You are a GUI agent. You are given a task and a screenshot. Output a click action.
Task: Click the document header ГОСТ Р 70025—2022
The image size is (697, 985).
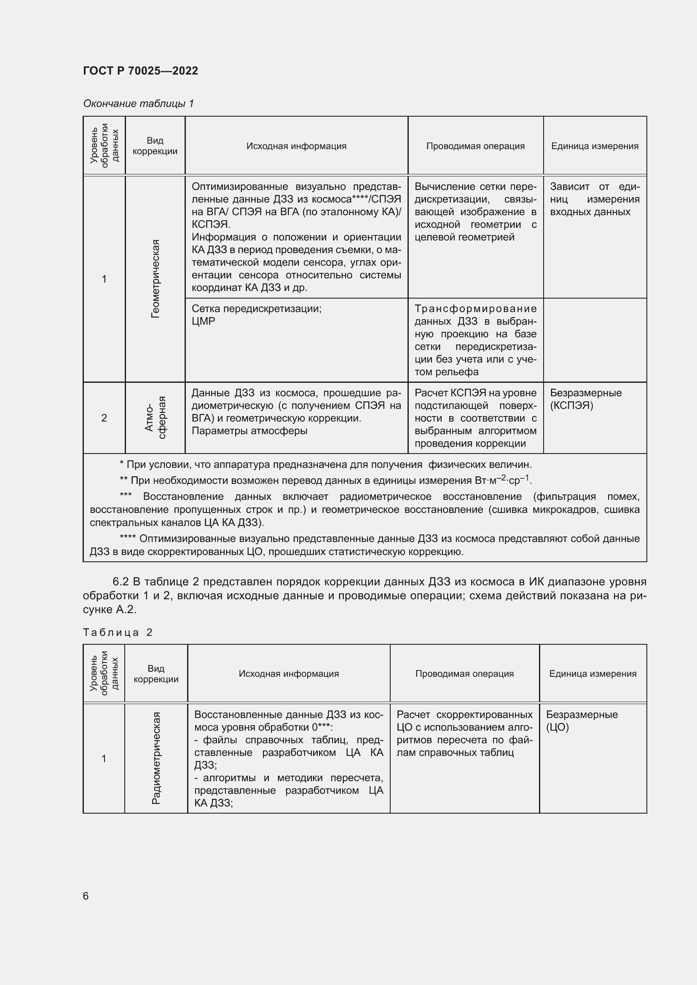(x=140, y=71)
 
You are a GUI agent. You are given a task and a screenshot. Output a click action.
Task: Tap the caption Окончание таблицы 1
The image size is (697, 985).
(x=138, y=104)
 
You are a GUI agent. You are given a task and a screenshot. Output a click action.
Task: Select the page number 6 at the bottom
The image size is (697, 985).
(x=86, y=896)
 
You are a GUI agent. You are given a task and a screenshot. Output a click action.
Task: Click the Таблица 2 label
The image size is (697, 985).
(x=118, y=633)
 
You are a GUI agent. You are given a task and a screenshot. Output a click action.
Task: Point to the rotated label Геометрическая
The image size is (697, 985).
(x=155, y=279)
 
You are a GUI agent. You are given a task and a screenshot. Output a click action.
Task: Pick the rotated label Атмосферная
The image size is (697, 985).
(x=155, y=417)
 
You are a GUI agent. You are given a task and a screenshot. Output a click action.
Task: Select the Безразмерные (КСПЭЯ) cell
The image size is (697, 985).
(x=585, y=399)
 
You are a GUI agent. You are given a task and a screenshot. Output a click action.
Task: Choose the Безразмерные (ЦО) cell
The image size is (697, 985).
(x=582, y=721)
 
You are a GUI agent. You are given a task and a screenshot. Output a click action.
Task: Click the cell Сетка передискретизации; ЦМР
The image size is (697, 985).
(x=256, y=315)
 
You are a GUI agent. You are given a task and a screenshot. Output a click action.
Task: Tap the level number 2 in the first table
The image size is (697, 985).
(x=104, y=418)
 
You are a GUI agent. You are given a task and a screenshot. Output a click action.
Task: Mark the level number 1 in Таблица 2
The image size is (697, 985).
(x=104, y=758)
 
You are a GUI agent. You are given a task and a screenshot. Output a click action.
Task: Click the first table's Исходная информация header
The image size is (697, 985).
(x=296, y=146)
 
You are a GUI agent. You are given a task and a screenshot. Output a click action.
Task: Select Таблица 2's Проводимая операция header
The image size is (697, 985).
(x=464, y=673)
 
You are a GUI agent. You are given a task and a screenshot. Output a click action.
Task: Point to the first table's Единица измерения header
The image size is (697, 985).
(x=595, y=146)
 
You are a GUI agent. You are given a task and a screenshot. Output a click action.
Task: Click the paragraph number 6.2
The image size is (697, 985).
(x=121, y=582)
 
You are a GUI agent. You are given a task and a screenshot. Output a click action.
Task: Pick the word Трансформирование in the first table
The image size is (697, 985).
(x=475, y=309)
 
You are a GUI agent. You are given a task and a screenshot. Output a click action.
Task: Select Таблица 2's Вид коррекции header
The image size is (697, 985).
(x=156, y=673)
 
